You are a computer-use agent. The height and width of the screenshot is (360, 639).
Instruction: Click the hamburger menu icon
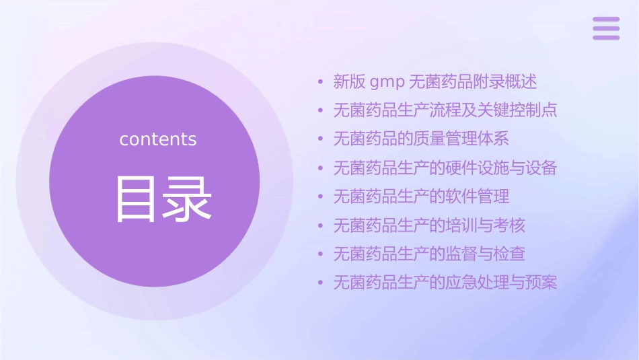(x=605, y=28)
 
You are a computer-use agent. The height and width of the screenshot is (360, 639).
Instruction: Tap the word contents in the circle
(x=158, y=139)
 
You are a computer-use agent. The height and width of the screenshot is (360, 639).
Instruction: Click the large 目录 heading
(x=164, y=199)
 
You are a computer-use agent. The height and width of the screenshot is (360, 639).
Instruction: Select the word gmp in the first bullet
(x=387, y=82)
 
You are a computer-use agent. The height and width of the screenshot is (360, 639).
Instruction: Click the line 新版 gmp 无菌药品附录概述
(x=435, y=82)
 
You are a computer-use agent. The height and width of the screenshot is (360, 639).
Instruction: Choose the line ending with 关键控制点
(x=445, y=110)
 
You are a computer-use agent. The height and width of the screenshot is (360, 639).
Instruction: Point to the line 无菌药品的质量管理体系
(x=421, y=139)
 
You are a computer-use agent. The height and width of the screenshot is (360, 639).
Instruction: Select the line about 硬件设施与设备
(x=445, y=168)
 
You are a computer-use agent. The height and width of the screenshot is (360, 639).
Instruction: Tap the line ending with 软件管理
(x=421, y=196)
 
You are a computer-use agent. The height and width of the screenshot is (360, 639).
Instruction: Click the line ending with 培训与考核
(x=429, y=225)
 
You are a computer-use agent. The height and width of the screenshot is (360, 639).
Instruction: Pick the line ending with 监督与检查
(x=429, y=254)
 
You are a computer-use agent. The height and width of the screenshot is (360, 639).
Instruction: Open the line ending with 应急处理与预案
(x=445, y=283)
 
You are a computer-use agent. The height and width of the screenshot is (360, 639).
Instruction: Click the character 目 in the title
(x=137, y=199)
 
